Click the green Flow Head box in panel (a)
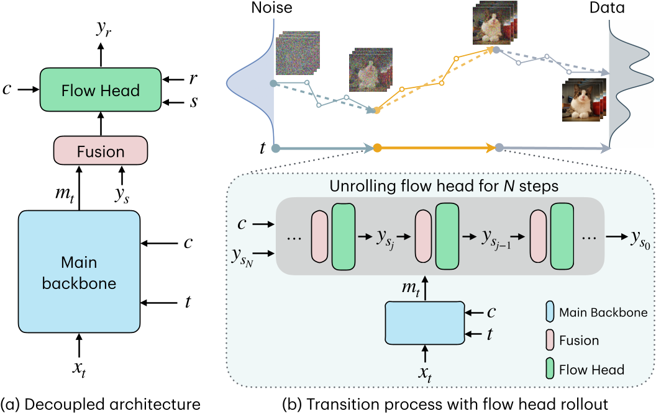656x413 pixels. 100,91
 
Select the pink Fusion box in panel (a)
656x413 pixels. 100,152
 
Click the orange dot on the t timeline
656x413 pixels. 376,148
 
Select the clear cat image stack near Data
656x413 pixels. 585,97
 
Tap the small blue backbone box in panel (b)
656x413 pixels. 424,322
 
